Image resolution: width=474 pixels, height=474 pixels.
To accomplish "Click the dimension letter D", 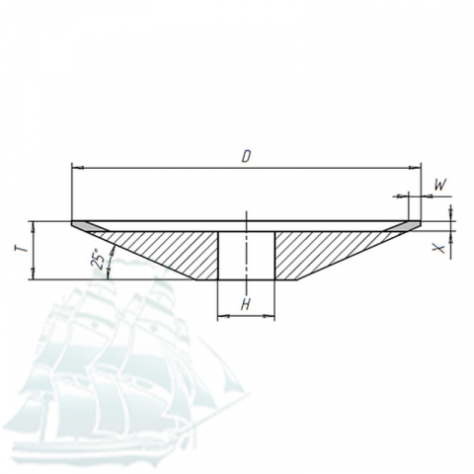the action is (x=246, y=156).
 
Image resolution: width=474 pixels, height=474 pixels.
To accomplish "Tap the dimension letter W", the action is (x=440, y=185).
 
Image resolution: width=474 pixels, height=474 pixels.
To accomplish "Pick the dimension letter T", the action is (x=22, y=250).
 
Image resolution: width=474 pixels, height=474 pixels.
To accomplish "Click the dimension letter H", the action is (x=245, y=304).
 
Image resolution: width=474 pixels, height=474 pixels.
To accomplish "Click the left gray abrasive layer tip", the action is (x=87, y=226).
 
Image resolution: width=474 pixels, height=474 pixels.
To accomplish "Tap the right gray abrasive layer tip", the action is (x=404, y=226).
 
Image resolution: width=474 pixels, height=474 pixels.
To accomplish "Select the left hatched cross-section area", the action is (x=165, y=250).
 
